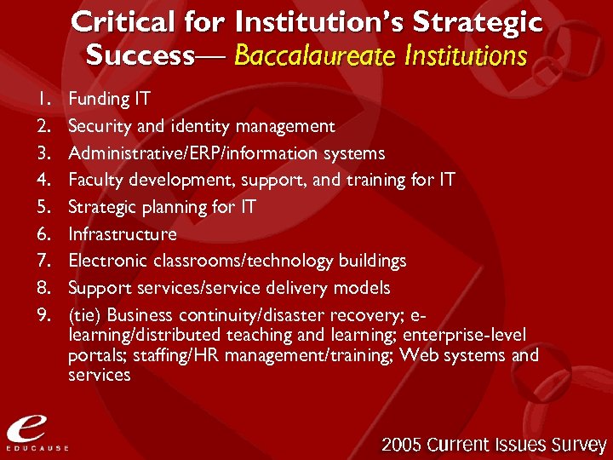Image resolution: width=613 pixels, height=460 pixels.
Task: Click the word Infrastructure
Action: point(123,234)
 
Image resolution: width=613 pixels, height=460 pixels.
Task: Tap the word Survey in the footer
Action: point(576,444)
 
